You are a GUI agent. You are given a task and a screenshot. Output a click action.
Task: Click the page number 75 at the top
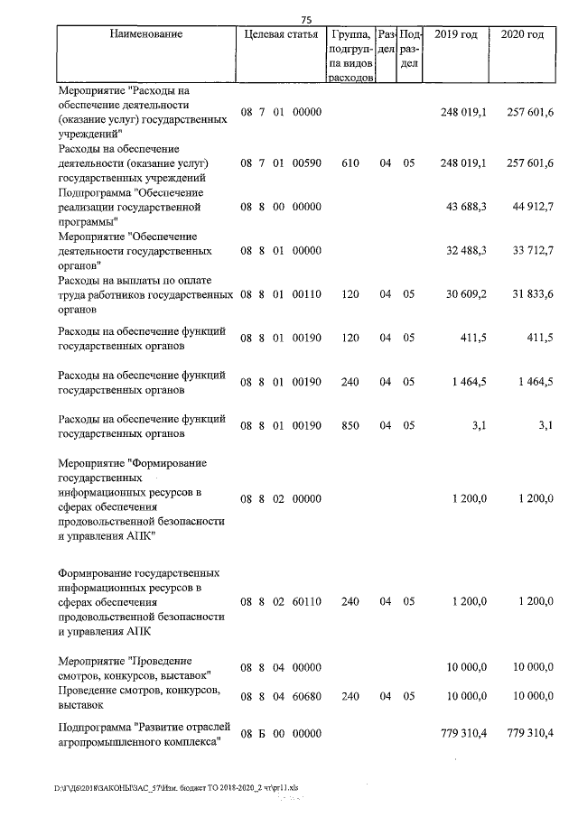(306, 20)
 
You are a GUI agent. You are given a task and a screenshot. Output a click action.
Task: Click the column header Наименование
(145, 35)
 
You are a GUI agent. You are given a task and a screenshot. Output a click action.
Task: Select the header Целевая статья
(281, 35)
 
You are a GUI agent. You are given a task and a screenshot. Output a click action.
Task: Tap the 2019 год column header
(457, 35)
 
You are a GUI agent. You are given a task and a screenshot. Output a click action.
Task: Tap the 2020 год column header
(522, 35)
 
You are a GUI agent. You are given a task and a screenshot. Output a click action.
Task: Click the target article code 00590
(306, 163)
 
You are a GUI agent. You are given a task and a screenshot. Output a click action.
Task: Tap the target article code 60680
(306, 696)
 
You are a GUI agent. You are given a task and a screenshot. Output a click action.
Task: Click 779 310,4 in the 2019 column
(462, 733)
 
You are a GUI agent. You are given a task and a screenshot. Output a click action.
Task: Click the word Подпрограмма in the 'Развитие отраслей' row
(93, 726)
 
